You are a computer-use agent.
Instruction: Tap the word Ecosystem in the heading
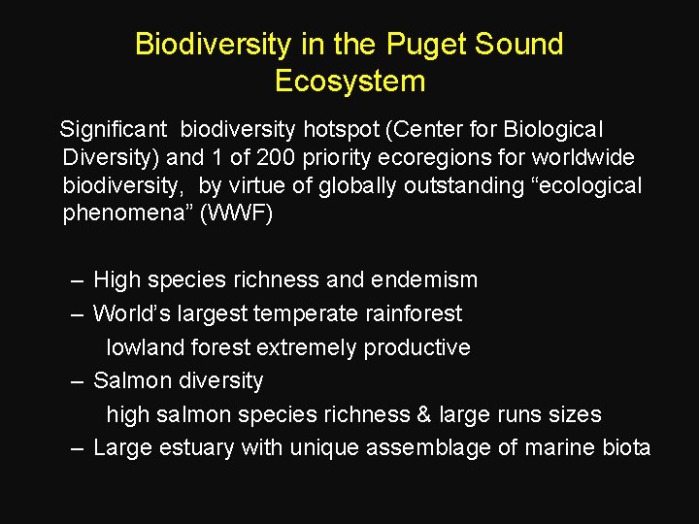[349, 81]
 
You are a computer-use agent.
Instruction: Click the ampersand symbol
[422, 414]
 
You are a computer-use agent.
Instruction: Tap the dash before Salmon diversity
[78, 381]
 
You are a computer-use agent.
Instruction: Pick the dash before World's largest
[78, 314]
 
